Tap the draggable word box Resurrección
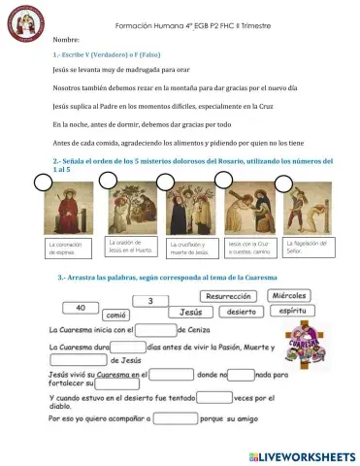tap(230, 297)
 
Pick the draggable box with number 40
tap(80, 308)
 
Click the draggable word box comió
tap(116, 316)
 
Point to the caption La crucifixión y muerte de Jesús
tap(191, 248)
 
